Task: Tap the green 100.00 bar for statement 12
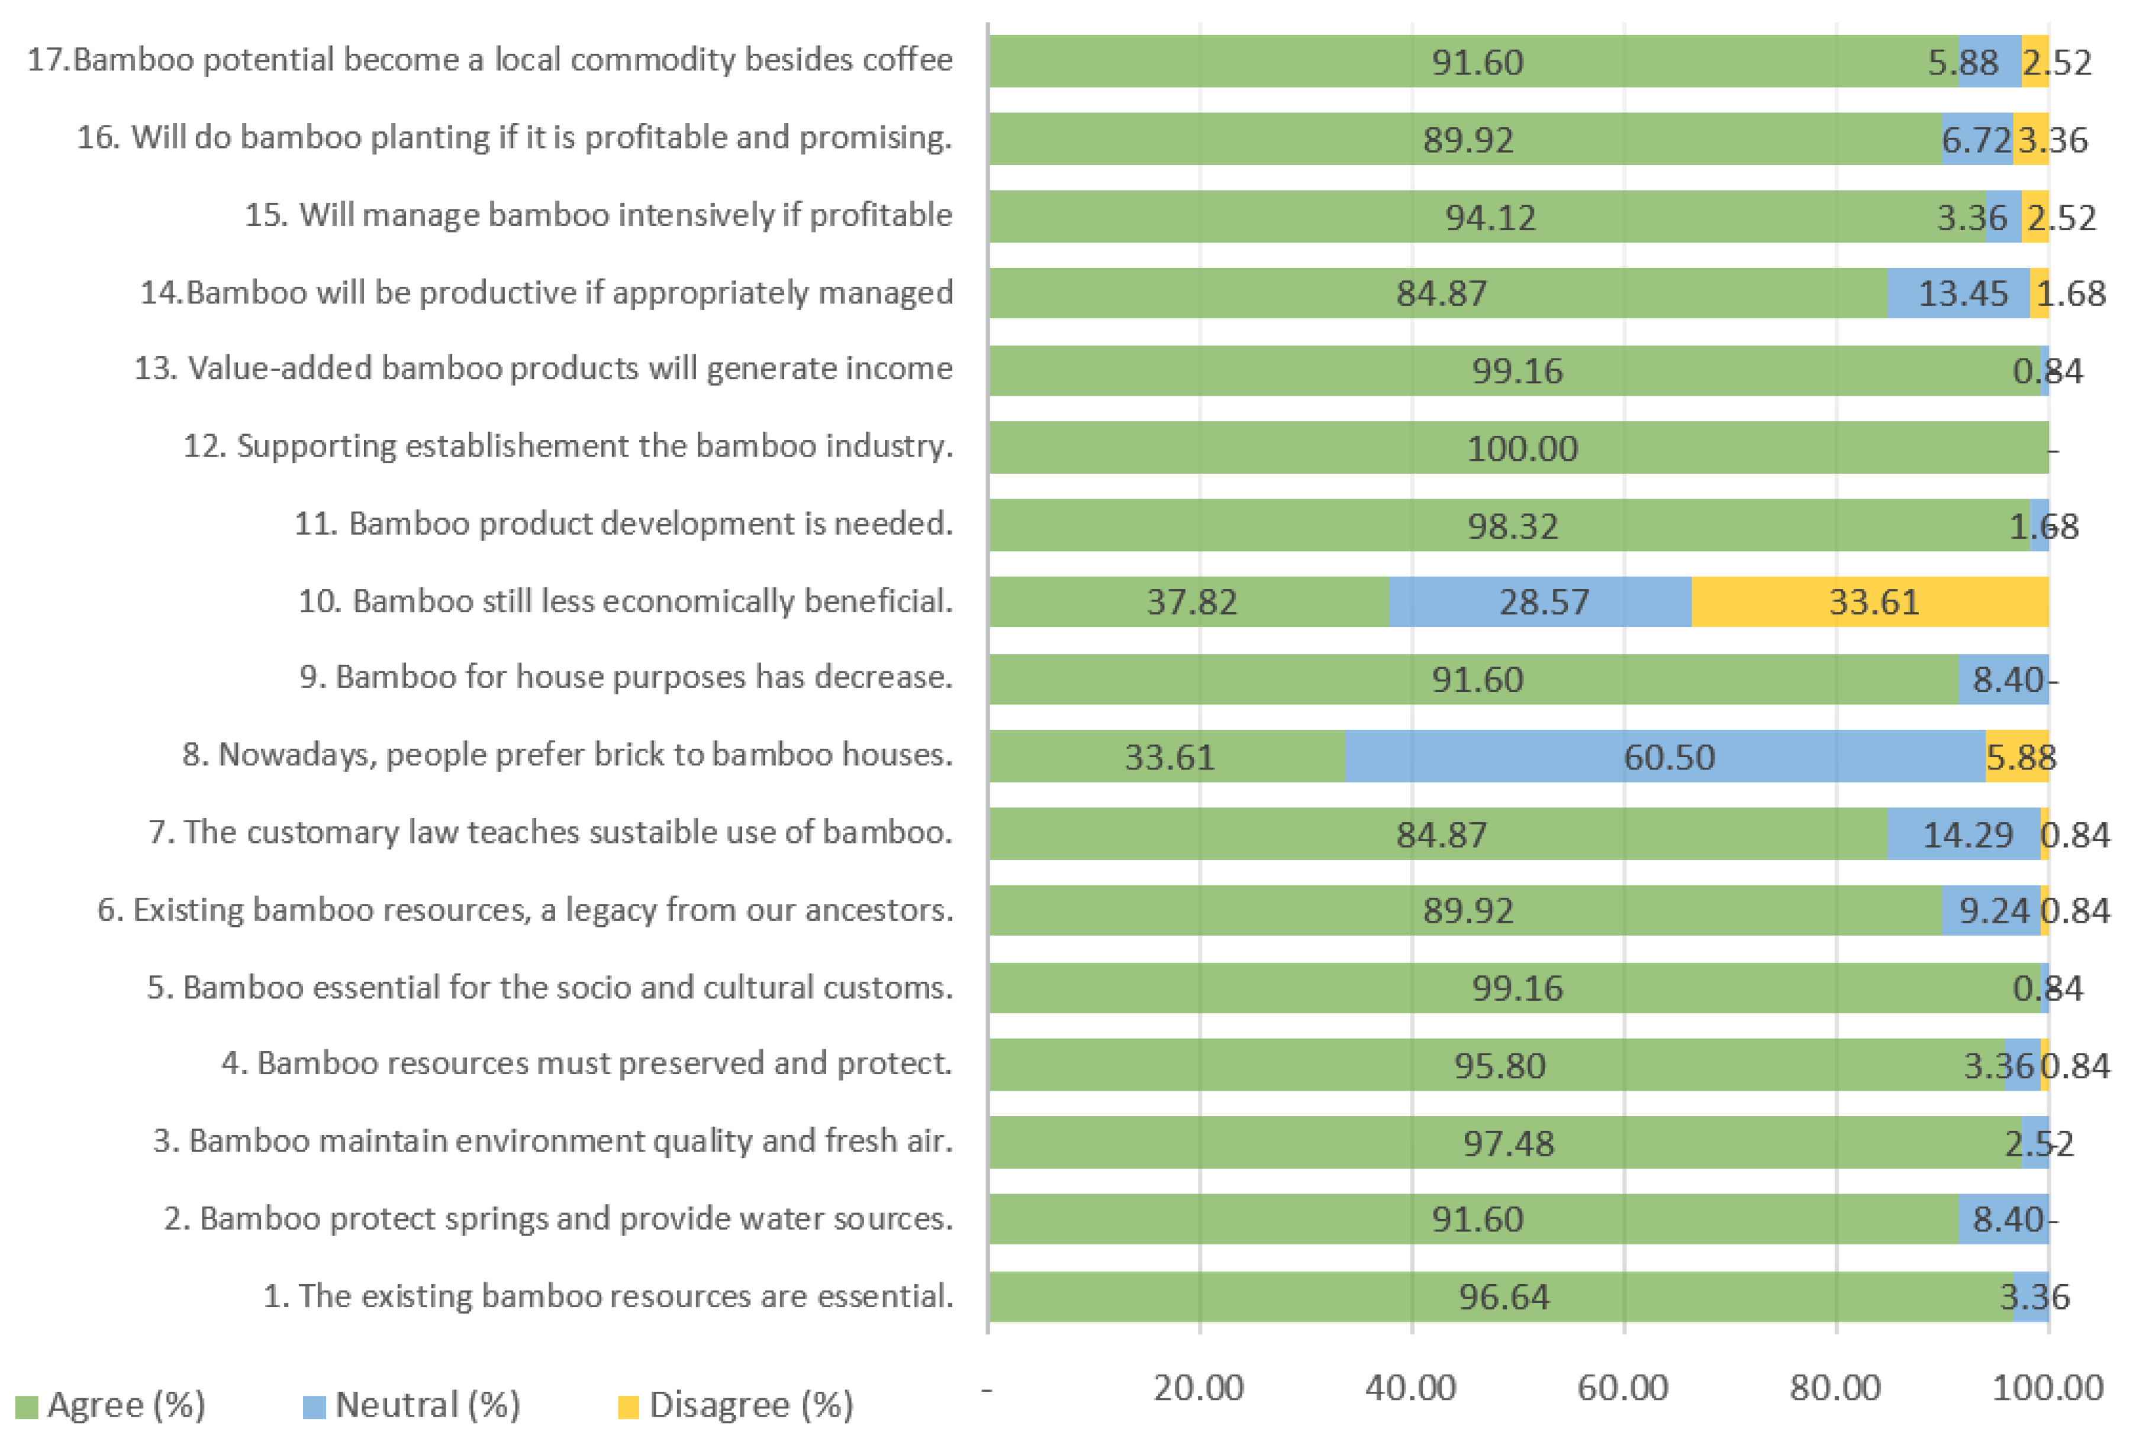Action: click(x=1519, y=448)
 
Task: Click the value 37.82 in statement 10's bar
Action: click(x=1191, y=603)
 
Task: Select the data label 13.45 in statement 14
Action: click(x=1963, y=293)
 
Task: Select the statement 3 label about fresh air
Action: click(x=553, y=1140)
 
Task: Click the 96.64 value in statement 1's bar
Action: click(x=1503, y=1297)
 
